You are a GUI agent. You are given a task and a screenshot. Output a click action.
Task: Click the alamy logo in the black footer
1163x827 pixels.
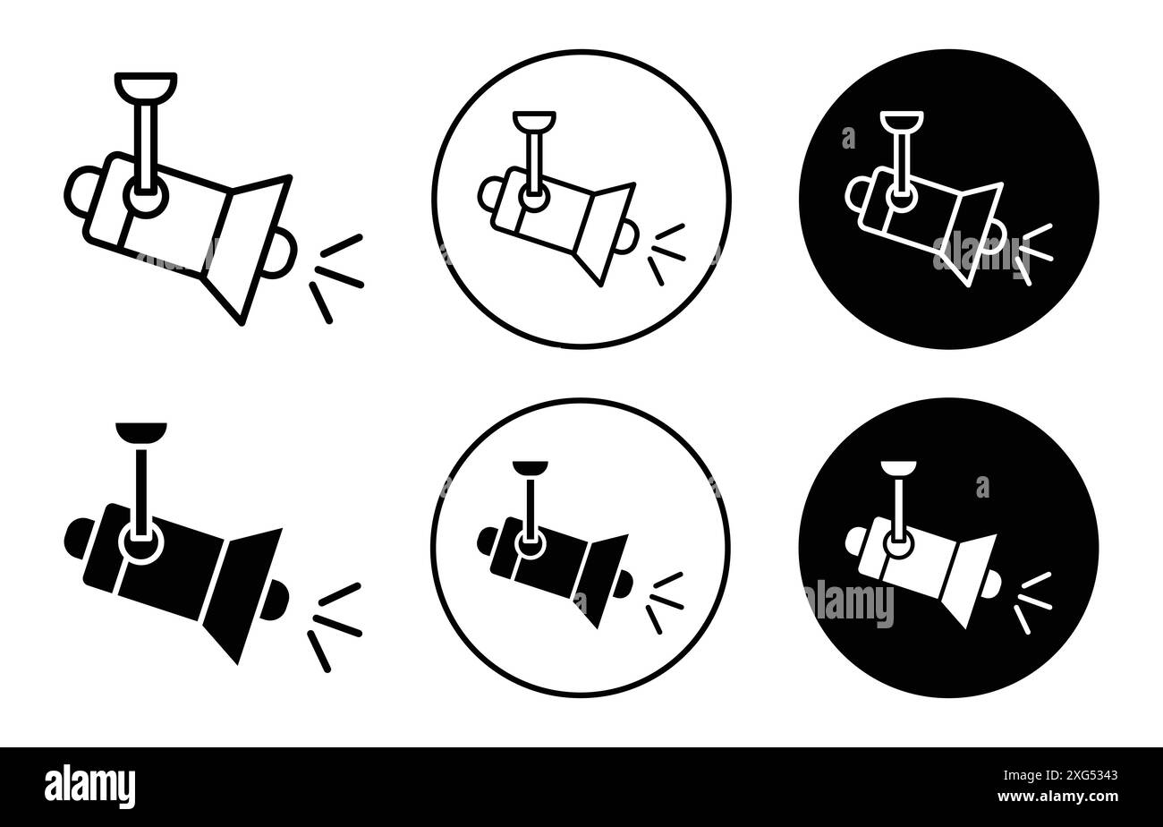pos(89,786)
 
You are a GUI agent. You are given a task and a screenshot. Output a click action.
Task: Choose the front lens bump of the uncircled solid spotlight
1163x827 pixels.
pos(278,597)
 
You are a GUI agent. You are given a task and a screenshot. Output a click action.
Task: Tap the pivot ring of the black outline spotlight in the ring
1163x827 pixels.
pos(533,199)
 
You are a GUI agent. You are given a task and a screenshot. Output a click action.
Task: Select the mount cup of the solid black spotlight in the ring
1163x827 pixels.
pos(530,467)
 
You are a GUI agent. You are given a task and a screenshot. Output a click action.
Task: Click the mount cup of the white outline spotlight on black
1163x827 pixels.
pos(900,121)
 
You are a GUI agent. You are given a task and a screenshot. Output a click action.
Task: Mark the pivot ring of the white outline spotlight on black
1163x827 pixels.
pos(898,199)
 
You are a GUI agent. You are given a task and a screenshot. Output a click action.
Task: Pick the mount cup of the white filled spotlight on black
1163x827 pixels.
pos(898,467)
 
